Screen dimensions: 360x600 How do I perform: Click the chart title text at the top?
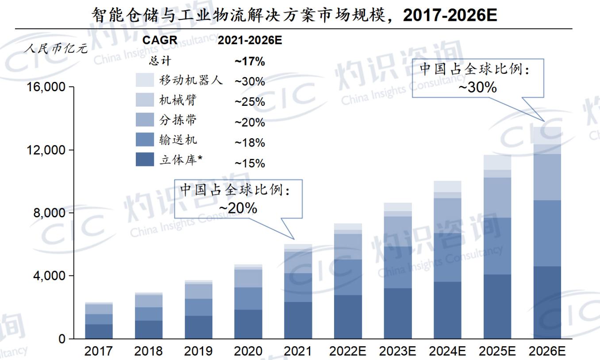pyautogui.click(x=294, y=15)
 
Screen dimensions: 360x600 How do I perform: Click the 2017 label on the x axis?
pyautogui.click(x=99, y=351)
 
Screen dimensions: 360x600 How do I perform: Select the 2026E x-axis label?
pyautogui.click(x=547, y=351)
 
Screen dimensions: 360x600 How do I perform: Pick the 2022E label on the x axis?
pyautogui.click(x=347, y=351)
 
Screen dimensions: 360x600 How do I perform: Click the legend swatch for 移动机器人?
pyautogui.click(x=145, y=80)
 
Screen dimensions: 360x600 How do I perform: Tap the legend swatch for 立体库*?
pyautogui.click(x=145, y=159)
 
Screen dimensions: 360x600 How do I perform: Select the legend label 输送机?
pyautogui.click(x=178, y=140)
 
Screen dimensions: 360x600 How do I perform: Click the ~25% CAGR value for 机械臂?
pyautogui.click(x=250, y=102)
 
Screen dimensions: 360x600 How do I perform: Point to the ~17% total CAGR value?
pyautogui.click(x=250, y=62)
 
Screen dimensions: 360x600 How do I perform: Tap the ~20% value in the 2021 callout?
pyautogui.click(x=238, y=208)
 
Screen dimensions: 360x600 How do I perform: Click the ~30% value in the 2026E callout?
pyautogui.click(x=477, y=87)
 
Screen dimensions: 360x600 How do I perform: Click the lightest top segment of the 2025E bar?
pyautogui.click(x=497, y=162)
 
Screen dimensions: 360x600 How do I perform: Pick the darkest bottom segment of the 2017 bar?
pyautogui.click(x=99, y=332)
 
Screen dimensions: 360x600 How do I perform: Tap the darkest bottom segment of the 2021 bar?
pyautogui.click(x=298, y=320)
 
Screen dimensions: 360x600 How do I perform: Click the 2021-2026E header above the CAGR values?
pyautogui.click(x=250, y=40)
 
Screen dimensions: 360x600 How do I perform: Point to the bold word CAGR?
pyautogui.click(x=160, y=40)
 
